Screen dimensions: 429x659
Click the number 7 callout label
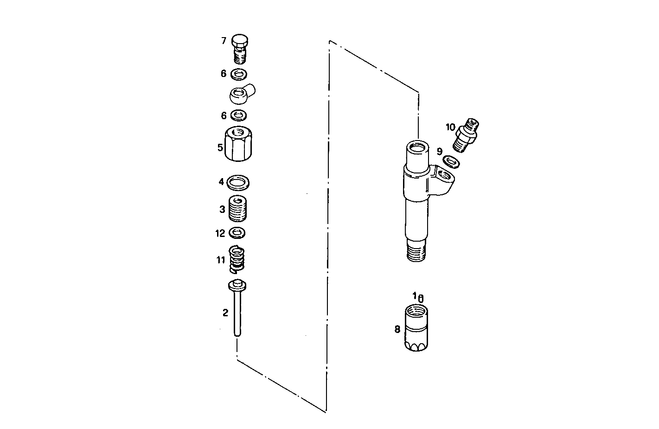224,41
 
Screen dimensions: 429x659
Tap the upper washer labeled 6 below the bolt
239,74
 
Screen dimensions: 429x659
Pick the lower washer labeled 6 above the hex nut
238,115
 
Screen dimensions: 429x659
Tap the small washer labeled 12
237,232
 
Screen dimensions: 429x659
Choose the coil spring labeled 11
237,259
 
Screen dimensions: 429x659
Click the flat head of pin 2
237,285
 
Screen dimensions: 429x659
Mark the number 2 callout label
225,313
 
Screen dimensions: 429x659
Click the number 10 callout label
450,127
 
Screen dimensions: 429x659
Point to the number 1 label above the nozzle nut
415,295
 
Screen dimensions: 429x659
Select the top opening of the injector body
416,148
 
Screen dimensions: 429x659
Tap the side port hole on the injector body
444,175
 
